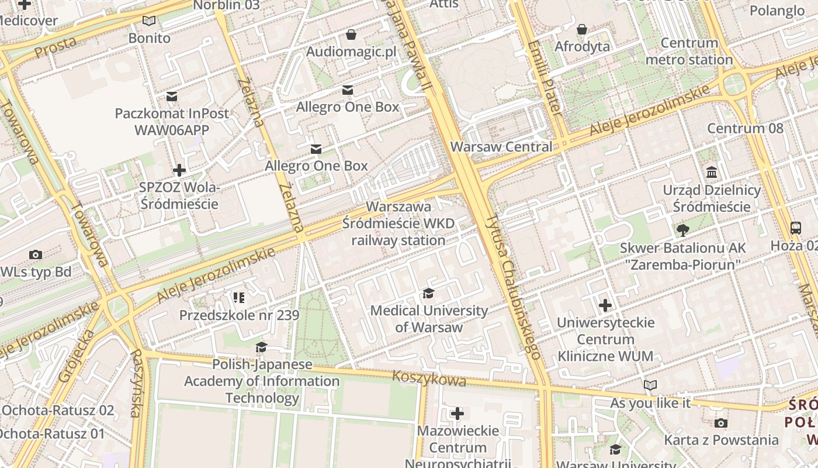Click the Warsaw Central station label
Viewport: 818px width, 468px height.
pos(501,147)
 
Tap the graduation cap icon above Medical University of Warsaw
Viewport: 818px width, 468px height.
pos(429,294)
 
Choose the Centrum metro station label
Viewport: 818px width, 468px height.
pos(689,51)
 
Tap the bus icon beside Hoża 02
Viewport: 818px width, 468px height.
pos(795,228)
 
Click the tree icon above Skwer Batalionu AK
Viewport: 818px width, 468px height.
pos(682,230)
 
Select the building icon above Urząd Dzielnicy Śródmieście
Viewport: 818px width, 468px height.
pos(712,173)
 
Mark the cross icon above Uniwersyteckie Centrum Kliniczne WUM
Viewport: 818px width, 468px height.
pos(605,305)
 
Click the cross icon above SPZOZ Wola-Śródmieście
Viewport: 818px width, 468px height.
pos(179,170)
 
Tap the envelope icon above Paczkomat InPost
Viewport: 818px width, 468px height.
pos(172,96)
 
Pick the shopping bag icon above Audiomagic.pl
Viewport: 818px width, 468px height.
pos(351,35)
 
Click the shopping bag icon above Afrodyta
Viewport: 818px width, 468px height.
pos(582,29)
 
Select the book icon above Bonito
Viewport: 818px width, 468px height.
pos(150,21)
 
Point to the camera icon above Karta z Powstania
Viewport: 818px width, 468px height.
pos(721,423)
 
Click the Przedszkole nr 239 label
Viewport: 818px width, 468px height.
pos(239,315)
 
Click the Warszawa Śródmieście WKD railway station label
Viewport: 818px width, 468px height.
pos(398,223)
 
